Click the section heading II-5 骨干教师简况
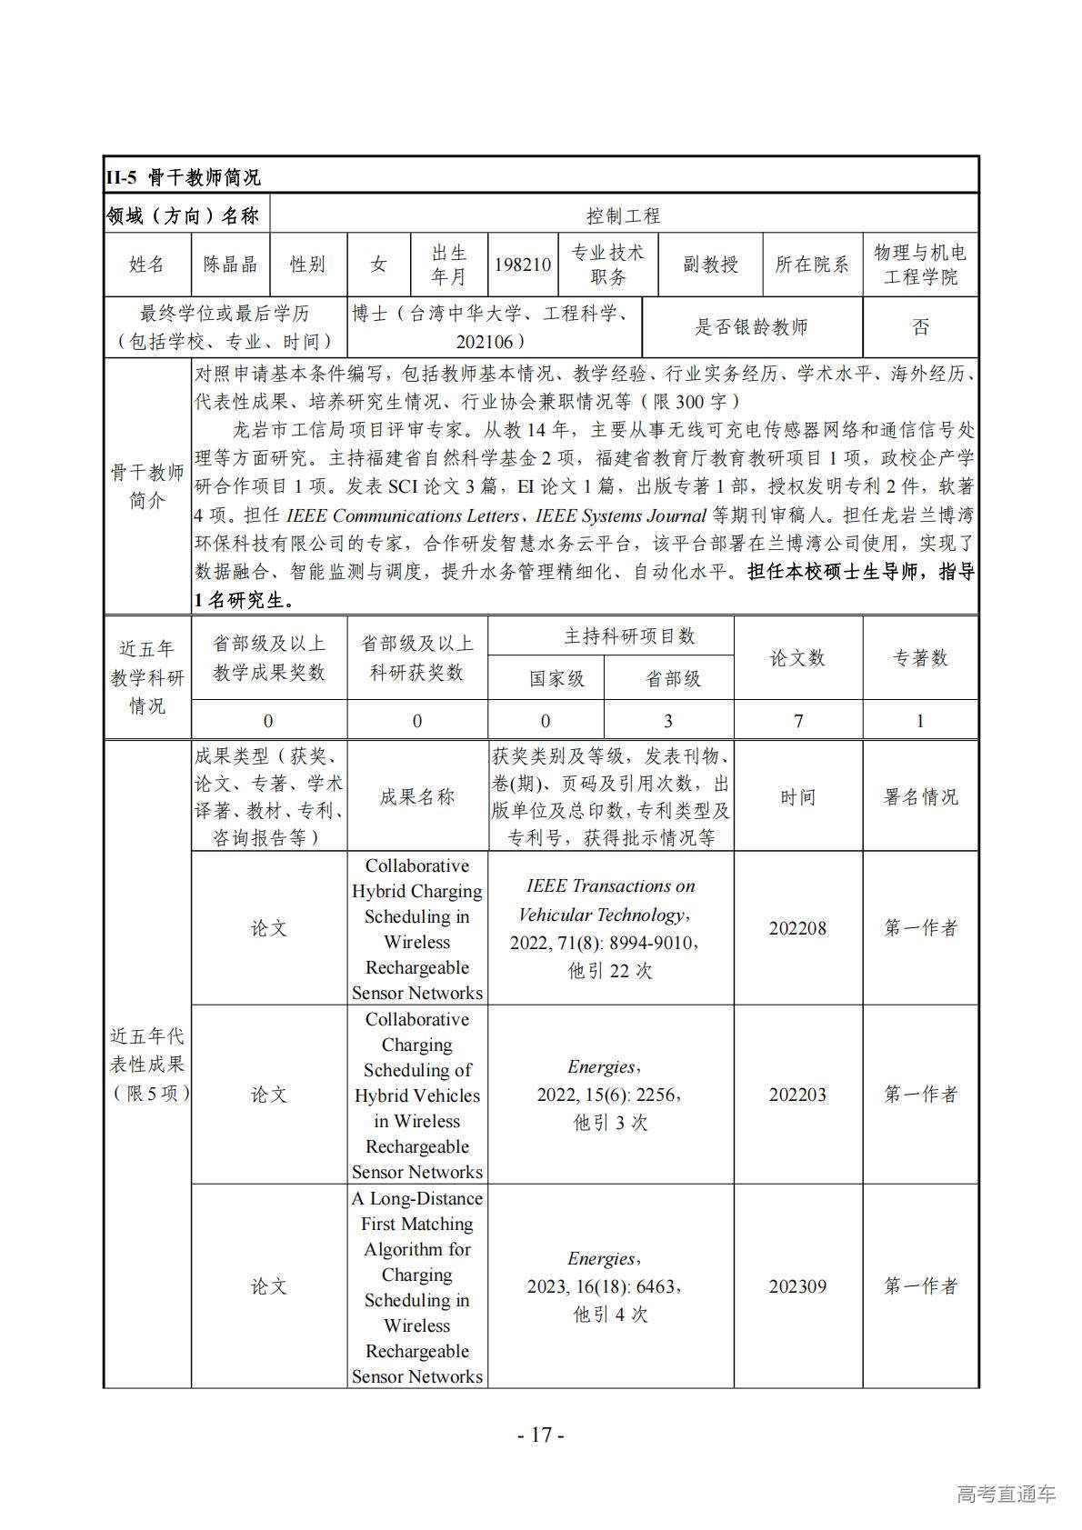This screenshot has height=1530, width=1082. (183, 176)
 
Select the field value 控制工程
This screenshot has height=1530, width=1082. (623, 215)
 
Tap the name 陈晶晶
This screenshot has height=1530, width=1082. (230, 265)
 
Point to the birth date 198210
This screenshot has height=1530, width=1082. (523, 265)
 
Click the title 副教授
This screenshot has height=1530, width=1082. (710, 265)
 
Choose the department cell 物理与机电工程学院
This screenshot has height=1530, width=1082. (920, 265)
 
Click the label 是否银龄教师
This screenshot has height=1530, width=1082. (751, 327)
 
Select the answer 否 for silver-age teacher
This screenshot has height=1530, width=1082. (920, 327)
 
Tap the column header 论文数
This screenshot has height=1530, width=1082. (797, 658)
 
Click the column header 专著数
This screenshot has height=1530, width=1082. (920, 658)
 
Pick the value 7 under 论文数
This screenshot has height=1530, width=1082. (797, 721)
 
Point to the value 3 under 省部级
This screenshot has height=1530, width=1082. (668, 721)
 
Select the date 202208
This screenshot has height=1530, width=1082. (797, 928)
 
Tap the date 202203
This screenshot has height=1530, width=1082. (797, 1095)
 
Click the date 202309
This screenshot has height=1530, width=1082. (797, 1286)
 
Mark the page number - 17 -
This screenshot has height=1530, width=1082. (541, 1435)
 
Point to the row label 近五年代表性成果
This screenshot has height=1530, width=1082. (147, 1064)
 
